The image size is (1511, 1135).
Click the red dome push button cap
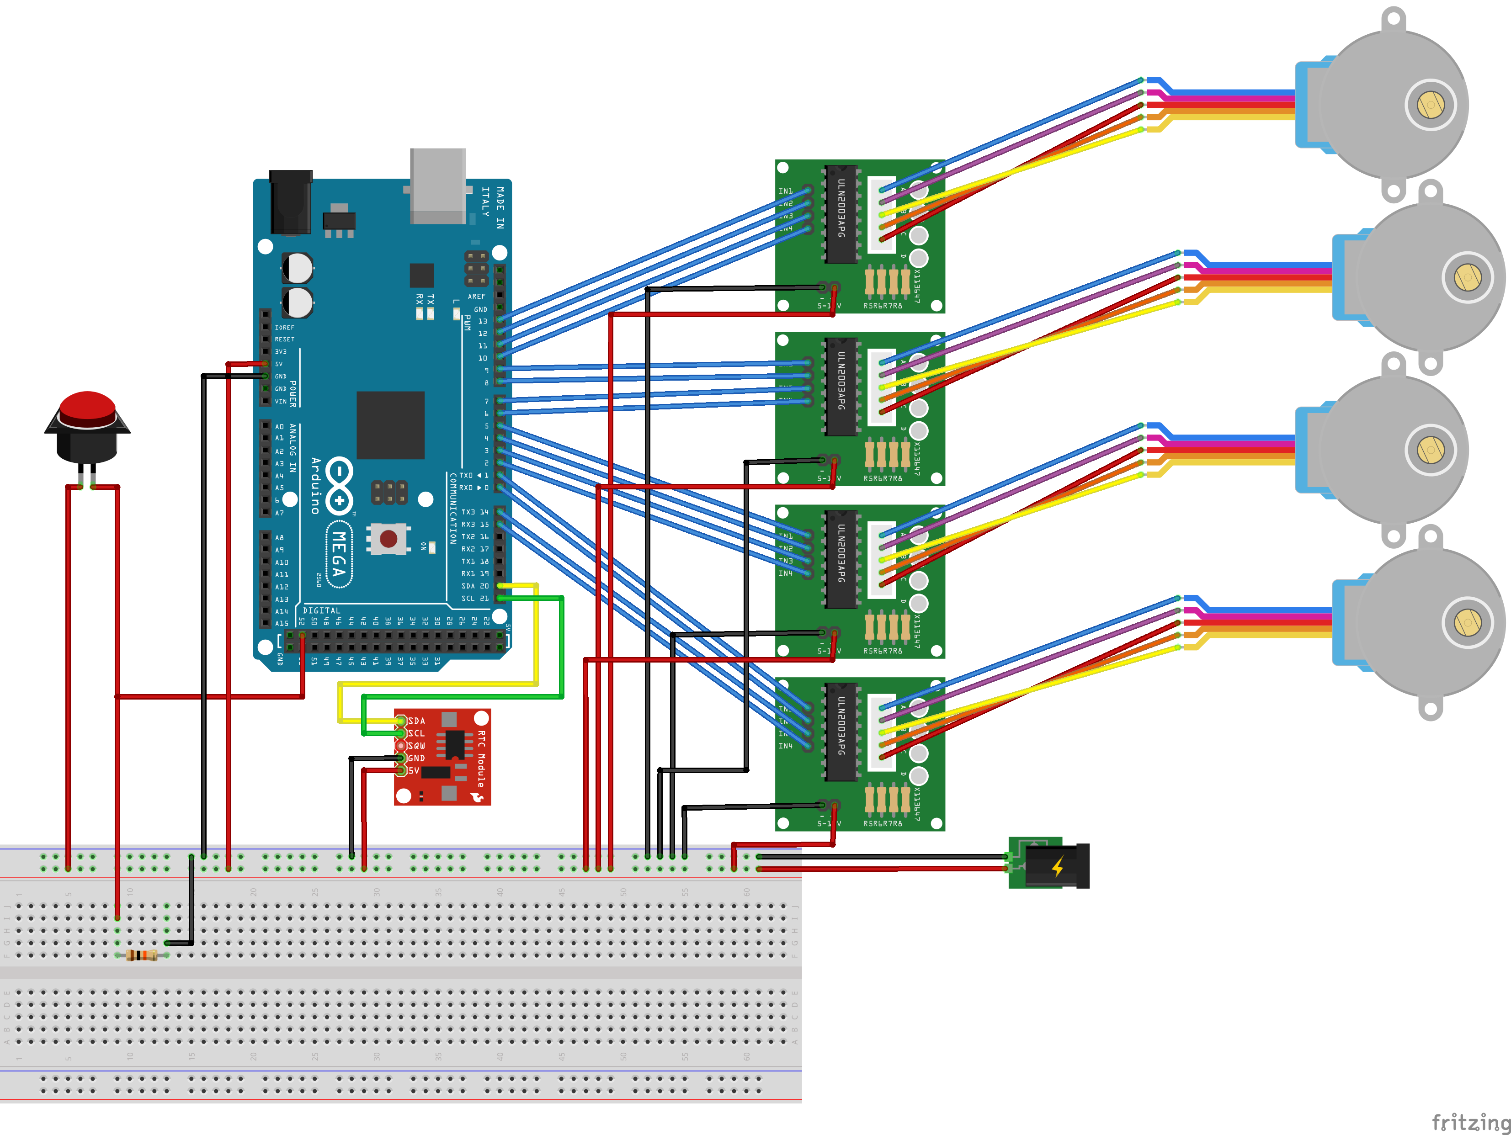click(87, 407)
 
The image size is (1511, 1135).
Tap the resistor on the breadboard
click(142, 955)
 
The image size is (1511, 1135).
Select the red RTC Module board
click(442, 757)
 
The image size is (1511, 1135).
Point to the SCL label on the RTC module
click(416, 733)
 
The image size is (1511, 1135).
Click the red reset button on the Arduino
click(388, 539)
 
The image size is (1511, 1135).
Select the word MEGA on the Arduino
click(339, 554)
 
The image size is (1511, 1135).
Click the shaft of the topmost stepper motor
click(1431, 105)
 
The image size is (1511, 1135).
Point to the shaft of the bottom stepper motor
click(1467, 622)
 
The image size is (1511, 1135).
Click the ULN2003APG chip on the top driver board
click(841, 213)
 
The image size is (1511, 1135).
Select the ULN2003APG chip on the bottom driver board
click(841, 731)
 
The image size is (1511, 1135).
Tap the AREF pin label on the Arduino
click(477, 297)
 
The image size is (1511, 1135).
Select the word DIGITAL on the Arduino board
click(321, 610)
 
